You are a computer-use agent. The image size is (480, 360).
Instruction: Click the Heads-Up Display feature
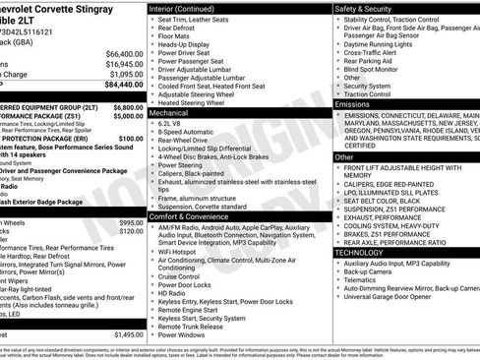[187, 44]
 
